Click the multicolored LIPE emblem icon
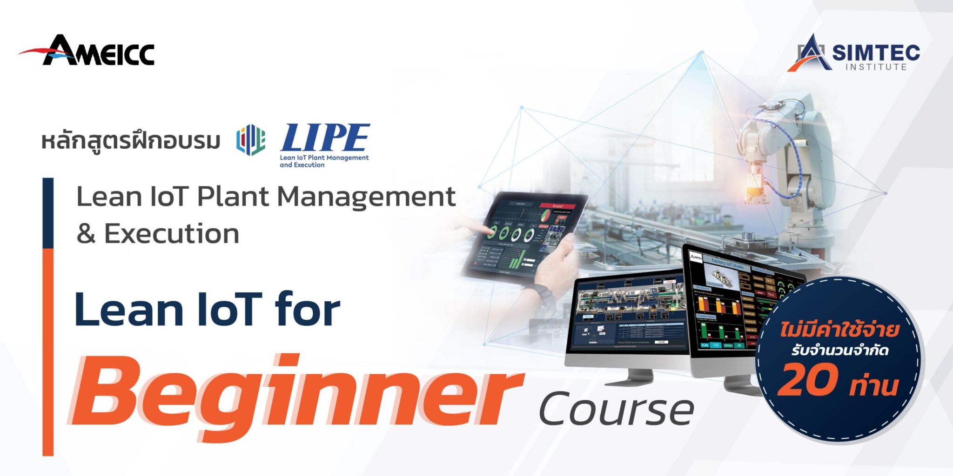[x=251, y=139]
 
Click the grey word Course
[x=617, y=409]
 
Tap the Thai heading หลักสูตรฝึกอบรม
[x=131, y=141]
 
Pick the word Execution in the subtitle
[x=172, y=234]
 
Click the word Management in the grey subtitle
[x=366, y=197]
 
